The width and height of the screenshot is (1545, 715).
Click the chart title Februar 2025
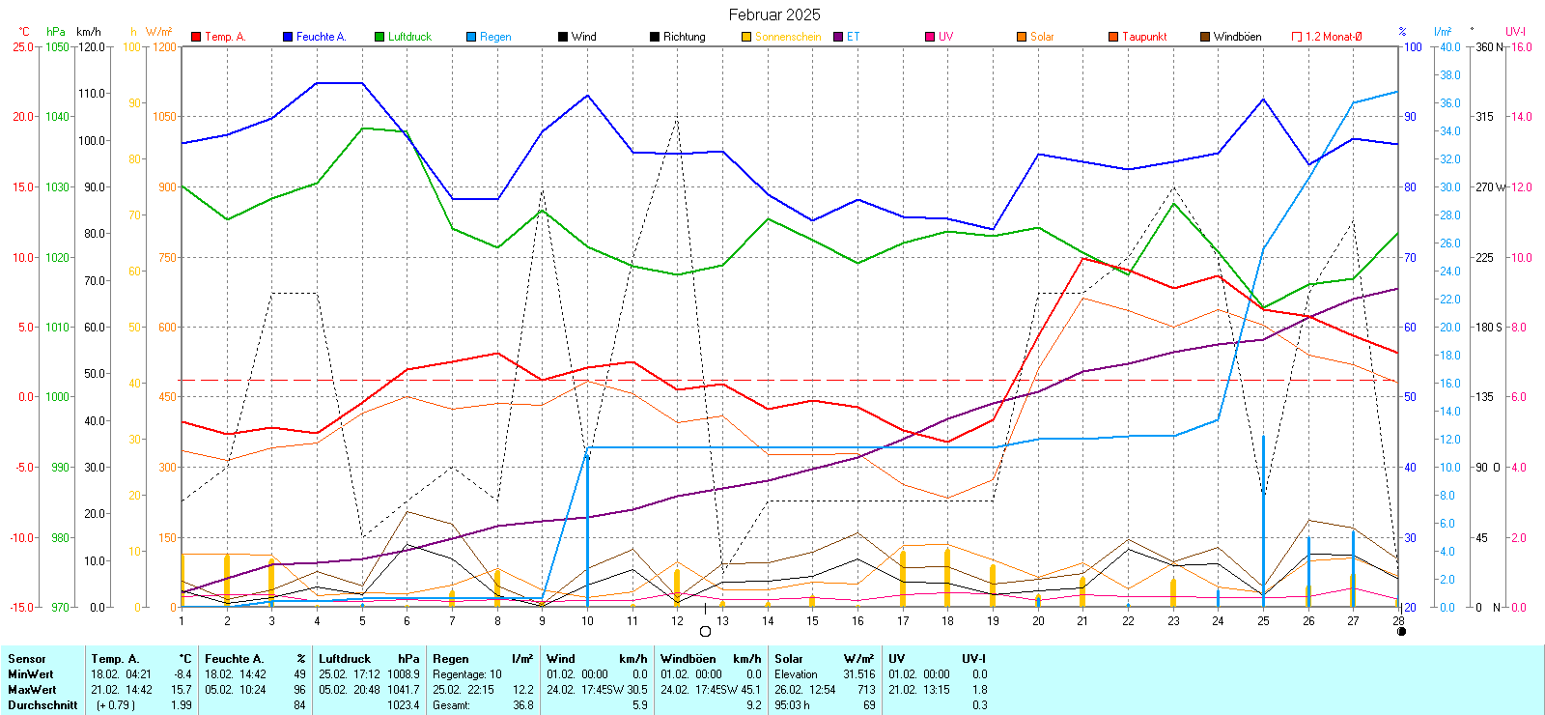pyautogui.click(x=774, y=14)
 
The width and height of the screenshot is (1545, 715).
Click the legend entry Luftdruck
pyautogui.click(x=408, y=37)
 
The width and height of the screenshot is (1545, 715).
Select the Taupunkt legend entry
pyautogui.click(x=1143, y=37)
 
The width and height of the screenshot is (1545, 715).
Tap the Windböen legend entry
pyautogui.click(x=1236, y=37)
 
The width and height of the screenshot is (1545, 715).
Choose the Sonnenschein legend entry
pyautogui.click(x=787, y=37)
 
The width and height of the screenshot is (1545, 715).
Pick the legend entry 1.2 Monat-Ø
pyautogui.click(x=1333, y=37)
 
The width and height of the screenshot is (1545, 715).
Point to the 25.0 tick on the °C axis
pyautogui.click(x=22, y=46)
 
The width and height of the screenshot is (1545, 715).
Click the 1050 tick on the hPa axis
pyautogui.click(x=58, y=46)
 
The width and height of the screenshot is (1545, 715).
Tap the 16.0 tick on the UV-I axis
pyautogui.click(x=1522, y=46)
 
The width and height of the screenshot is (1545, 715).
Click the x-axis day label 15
pyautogui.click(x=812, y=621)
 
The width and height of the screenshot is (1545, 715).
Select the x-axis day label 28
pyautogui.click(x=1398, y=621)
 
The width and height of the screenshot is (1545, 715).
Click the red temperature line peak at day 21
pyautogui.click(x=1082, y=258)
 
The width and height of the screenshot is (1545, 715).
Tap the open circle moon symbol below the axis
pyautogui.click(x=705, y=632)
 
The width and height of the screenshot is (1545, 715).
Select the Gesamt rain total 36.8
pyautogui.click(x=522, y=705)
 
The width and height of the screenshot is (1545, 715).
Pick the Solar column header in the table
pyautogui.click(x=789, y=659)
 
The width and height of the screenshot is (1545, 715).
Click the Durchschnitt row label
pyautogui.click(x=42, y=705)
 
